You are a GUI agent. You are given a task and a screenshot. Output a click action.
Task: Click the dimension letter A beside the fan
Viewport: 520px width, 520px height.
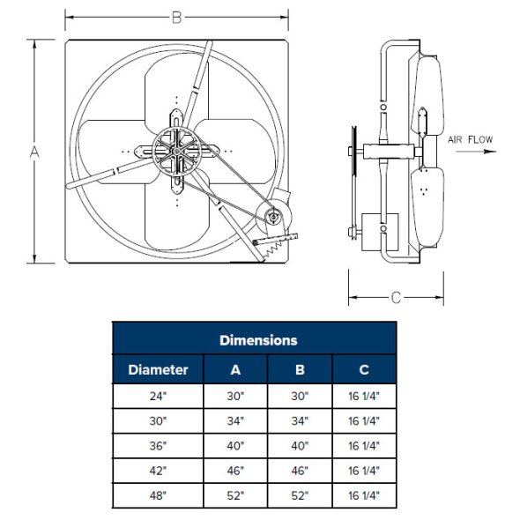[x=34, y=152]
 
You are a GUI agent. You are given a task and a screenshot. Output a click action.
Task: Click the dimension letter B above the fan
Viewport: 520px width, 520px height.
[x=177, y=18]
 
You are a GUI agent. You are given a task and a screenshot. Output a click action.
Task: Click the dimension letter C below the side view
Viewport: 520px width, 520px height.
[x=396, y=298]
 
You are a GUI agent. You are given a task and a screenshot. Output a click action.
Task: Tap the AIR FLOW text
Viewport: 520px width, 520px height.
[x=471, y=139]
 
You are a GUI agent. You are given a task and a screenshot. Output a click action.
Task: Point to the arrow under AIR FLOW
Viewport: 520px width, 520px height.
[x=476, y=152]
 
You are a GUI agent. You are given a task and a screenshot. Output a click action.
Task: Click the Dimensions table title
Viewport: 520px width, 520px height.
[x=258, y=340]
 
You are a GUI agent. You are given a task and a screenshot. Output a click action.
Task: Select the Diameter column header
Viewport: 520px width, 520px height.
[x=158, y=370]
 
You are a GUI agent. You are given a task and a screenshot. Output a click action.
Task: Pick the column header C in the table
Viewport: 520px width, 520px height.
[x=364, y=370]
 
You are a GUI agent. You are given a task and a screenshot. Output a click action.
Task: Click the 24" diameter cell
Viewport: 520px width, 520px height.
[x=158, y=396]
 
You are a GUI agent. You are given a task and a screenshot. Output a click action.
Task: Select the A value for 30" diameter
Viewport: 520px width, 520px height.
[x=235, y=420]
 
